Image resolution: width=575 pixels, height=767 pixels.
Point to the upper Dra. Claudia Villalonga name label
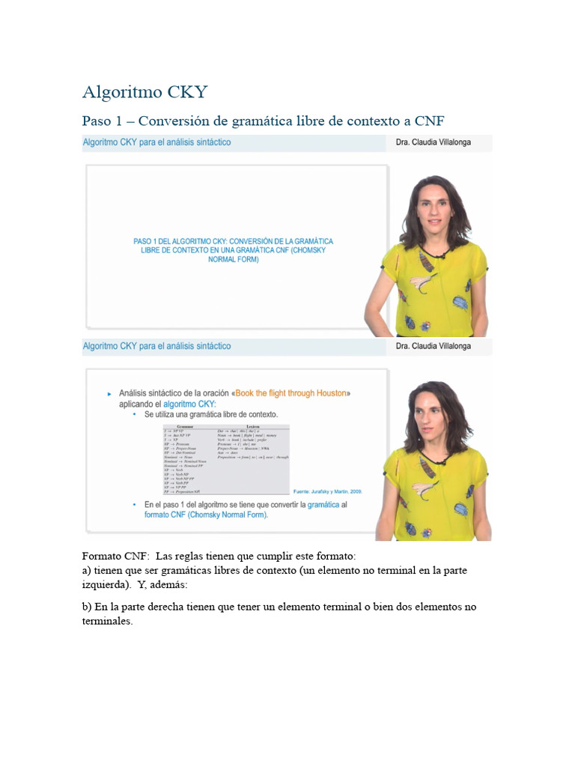(433, 142)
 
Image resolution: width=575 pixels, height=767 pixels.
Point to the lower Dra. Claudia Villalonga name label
(433, 347)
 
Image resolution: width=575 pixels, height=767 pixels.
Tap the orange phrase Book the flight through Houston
(291, 393)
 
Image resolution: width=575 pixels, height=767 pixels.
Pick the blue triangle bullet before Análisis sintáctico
(110, 393)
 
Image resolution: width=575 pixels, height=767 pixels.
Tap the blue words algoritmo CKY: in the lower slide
(189, 404)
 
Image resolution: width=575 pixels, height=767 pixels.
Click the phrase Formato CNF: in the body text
(113, 556)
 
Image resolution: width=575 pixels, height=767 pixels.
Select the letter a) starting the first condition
(86, 570)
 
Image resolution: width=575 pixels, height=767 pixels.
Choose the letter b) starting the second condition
(86, 607)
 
